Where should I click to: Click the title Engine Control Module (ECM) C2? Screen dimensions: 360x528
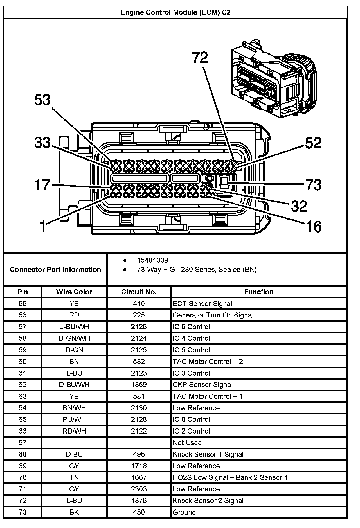click(175, 12)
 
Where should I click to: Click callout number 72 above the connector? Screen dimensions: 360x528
click(200, 57)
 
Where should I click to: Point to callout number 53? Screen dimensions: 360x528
click(42, 100)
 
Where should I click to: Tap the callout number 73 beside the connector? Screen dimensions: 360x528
click(313, 185)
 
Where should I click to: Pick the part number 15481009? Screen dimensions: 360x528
click(153, 260)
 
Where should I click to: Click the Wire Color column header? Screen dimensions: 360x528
click(74, 292)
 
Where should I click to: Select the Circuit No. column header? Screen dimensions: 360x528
click(139, 292)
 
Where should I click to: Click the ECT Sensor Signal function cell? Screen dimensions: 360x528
click(202, 304)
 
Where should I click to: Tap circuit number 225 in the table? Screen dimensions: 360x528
click(139, 315)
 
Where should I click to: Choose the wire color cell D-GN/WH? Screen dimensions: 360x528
click(74, 338)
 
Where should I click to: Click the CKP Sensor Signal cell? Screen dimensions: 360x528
click(202, 385)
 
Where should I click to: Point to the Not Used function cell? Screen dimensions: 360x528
click(187, 443)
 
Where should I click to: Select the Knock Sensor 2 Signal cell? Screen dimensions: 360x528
click(208, 500)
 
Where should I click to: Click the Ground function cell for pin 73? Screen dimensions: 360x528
click(184, 512)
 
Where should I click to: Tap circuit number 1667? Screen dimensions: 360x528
click(139, 477)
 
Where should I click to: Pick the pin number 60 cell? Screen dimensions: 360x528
click(22, 362)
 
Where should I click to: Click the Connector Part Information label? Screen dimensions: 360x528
click(55, 269)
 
